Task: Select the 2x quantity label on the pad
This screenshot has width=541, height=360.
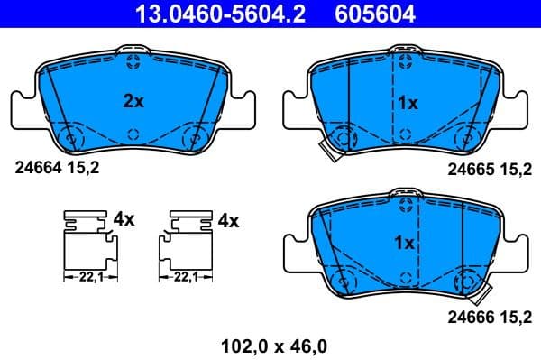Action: tap(133, 102)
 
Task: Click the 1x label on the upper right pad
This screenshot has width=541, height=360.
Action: tap(408, 103)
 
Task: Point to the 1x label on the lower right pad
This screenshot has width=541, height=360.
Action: tap(404, 243)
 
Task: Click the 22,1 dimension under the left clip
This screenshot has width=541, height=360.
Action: tap(87, 278)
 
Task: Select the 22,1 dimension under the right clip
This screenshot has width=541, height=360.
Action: tap(187, 278)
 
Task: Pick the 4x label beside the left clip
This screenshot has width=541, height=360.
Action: tap(124, 219)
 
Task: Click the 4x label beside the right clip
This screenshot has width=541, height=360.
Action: tap(227, 219)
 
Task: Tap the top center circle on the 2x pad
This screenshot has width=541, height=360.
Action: tap(133, 61)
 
